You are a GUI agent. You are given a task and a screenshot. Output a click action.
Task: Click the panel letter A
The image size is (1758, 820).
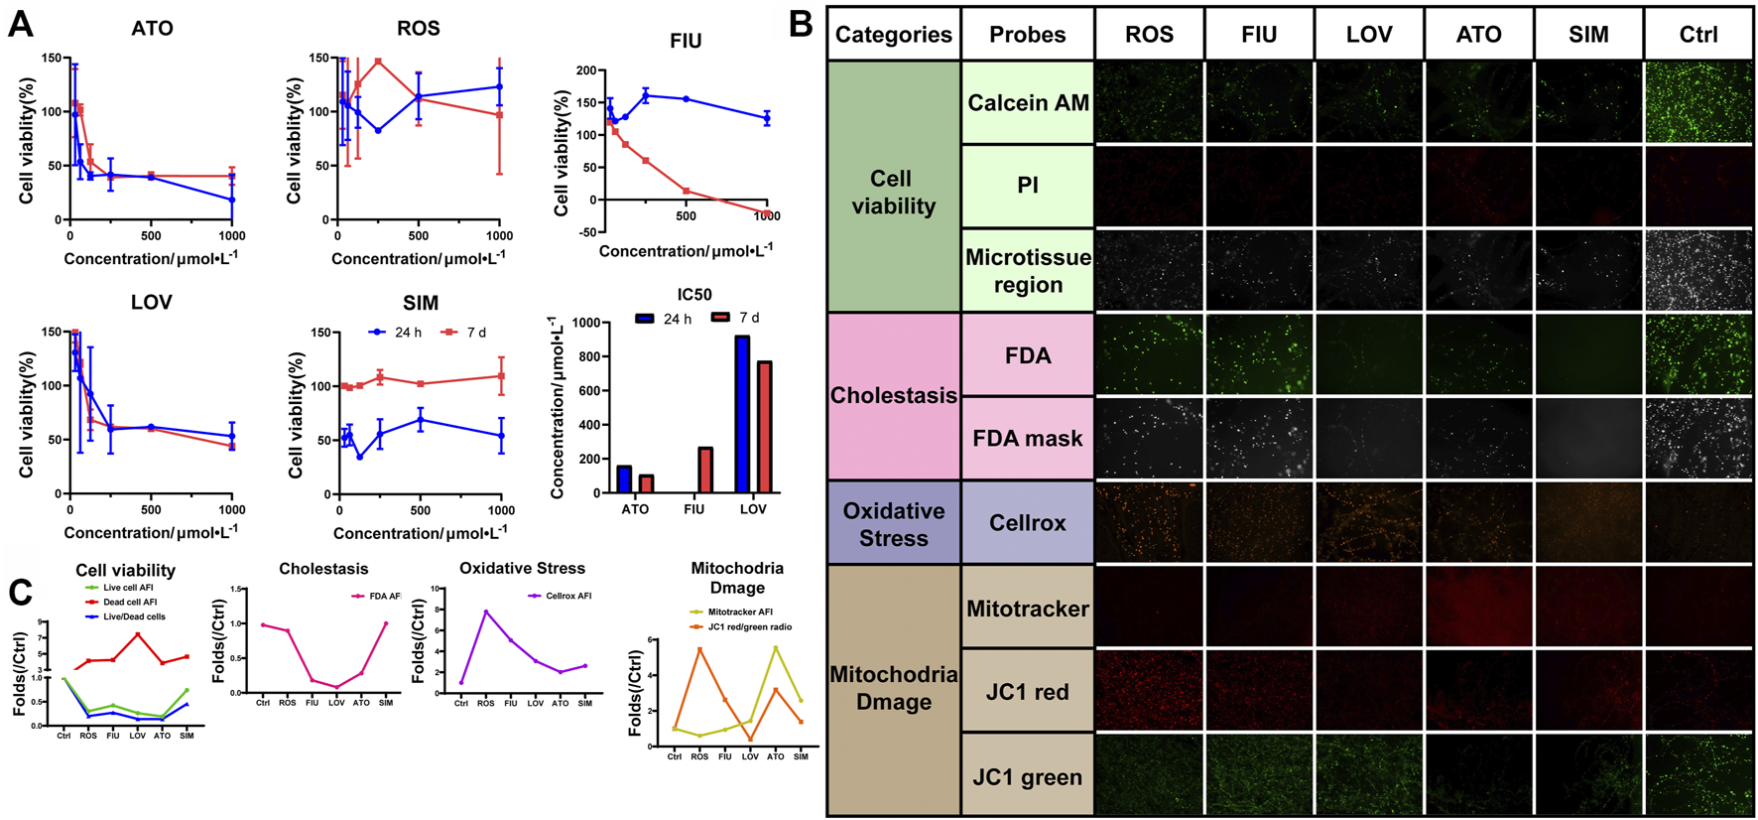pos(20,24)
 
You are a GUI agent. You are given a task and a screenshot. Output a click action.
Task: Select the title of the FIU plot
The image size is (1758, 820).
pos(686,41)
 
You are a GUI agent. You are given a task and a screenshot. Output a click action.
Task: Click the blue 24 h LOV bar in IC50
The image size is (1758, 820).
pos(741,414)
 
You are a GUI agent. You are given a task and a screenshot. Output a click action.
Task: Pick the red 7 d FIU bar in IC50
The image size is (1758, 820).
pos(705,470)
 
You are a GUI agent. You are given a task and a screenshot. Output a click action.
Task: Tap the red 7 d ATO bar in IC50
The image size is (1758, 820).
pos(646,483)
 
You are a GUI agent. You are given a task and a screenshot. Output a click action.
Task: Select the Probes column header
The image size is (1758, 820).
pos(1027,35)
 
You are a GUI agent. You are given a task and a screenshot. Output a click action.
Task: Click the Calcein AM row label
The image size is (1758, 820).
pos(1028,103)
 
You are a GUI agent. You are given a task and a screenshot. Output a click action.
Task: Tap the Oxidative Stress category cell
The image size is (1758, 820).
pos(893,524)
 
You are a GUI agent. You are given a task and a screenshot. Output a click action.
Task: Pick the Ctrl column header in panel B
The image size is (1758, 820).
pos(1697,35)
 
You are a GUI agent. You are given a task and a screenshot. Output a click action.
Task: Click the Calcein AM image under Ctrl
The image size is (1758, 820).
pos(1697,103)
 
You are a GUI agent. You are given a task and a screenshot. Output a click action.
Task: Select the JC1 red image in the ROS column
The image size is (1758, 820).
pos(1149,691)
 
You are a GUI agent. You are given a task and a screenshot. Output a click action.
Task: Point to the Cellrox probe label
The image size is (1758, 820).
pos(1027,523)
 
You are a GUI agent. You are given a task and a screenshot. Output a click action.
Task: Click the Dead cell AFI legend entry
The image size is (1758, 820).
pos(129,602)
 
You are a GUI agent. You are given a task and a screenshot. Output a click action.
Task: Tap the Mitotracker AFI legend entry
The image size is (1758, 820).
pos(739,613)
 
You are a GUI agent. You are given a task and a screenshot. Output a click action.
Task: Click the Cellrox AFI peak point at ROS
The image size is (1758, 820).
pos(486,612)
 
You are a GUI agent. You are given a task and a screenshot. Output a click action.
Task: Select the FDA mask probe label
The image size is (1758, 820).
pos(1027,439)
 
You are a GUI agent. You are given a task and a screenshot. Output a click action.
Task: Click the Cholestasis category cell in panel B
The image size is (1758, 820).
pos(893,396)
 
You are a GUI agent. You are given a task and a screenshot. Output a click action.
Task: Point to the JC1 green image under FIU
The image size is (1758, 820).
pos(1259,775)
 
